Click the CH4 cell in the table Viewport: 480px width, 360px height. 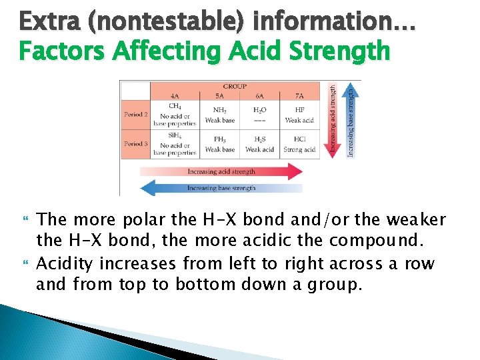click(175, 114)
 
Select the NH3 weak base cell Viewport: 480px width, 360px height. click(219, 115)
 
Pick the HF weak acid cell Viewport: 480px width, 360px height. click(299, 115)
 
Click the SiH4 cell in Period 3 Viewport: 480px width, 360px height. click(175, 144)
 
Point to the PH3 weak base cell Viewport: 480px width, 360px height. click(219, 144)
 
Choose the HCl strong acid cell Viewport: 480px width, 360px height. click(299, 144)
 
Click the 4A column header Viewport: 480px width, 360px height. click(175, 96)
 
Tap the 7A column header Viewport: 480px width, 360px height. click(299, 96)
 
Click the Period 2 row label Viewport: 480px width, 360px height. click(135, 114)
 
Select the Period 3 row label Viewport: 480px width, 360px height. click(135, 143)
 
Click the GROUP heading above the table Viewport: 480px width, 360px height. click(235, 86)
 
